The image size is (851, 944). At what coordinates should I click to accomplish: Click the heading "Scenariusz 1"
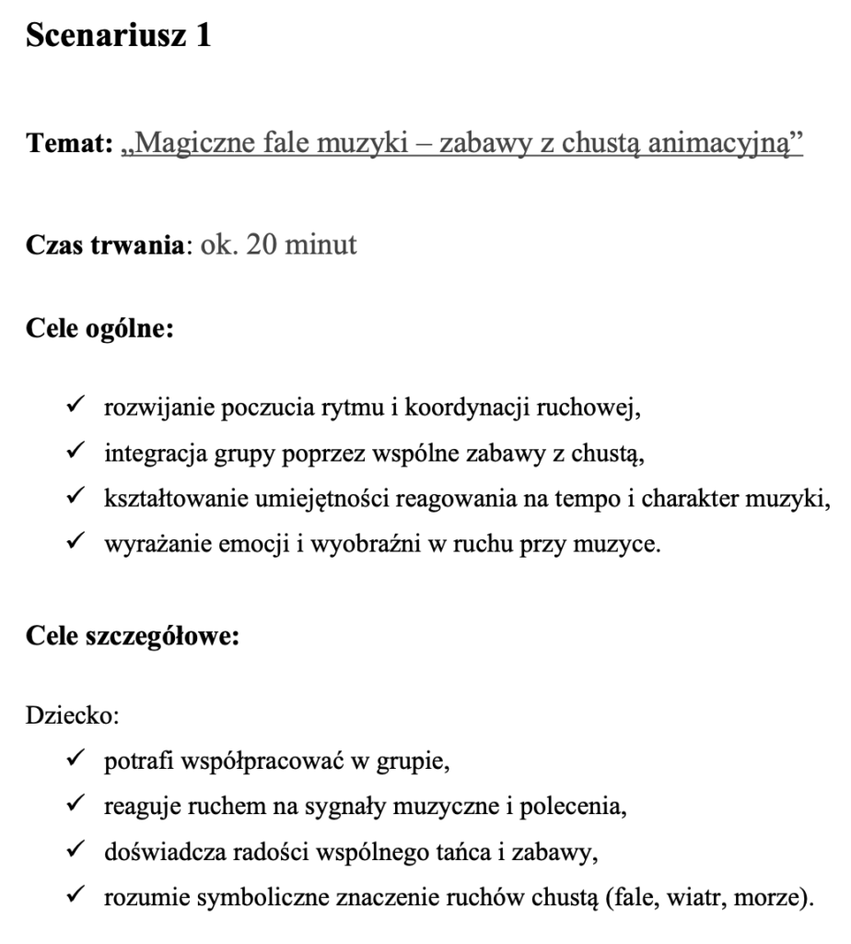tap(119, 38)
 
